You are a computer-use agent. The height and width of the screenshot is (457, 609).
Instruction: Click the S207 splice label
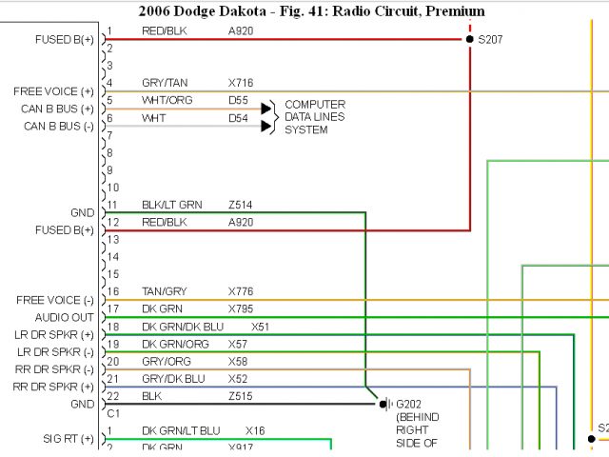493,40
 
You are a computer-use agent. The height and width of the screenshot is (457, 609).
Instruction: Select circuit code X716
240,84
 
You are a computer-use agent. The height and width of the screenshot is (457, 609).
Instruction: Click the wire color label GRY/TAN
164,84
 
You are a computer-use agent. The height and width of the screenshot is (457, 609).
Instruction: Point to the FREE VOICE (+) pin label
54,91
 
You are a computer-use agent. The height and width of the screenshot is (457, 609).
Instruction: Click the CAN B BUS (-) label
58,126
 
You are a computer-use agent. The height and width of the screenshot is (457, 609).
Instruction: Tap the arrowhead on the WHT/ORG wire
266,109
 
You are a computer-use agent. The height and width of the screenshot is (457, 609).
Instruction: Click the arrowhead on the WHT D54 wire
266,126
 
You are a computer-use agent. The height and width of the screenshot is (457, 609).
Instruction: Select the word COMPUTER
315,105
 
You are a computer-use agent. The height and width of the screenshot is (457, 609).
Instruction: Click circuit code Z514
241,205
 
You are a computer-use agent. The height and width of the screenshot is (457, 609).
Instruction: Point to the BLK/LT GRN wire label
172,205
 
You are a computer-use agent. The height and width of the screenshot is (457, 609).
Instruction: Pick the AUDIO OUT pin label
65,317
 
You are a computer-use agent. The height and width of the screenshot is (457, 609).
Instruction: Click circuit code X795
241,308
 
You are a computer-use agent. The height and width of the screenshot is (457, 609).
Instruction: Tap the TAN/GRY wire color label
164,291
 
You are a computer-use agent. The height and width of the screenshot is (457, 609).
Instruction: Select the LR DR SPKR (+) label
55,334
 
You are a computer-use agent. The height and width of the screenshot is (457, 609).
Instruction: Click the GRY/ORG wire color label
166,361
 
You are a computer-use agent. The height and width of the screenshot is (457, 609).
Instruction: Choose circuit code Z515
241,395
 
